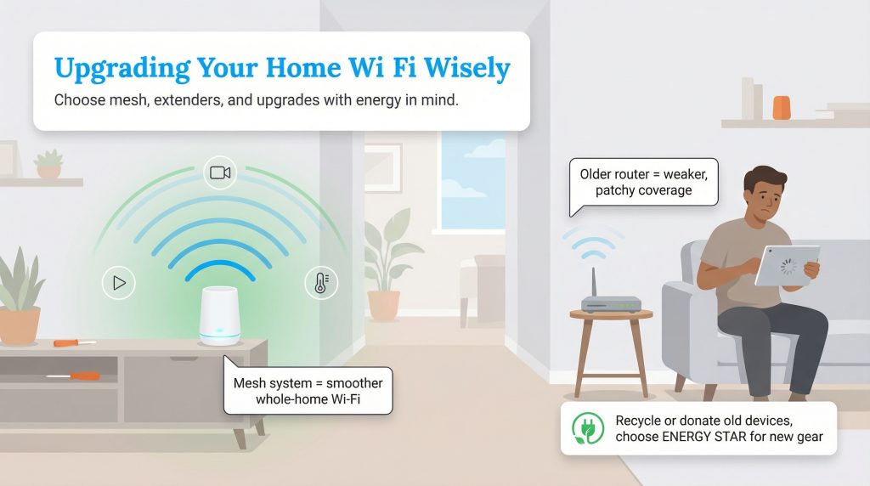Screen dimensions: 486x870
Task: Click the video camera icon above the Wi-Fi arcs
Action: (220, 173)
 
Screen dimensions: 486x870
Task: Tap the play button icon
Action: (119, 283)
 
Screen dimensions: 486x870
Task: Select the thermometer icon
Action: (321, 283)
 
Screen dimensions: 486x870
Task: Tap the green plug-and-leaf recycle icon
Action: (585, 428)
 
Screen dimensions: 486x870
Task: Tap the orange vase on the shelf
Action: (781, 108)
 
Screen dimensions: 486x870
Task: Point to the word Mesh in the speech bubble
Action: (251, 383)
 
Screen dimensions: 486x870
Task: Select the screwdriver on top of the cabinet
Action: (74, 342)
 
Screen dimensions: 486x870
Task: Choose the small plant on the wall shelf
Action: (49, 164)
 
